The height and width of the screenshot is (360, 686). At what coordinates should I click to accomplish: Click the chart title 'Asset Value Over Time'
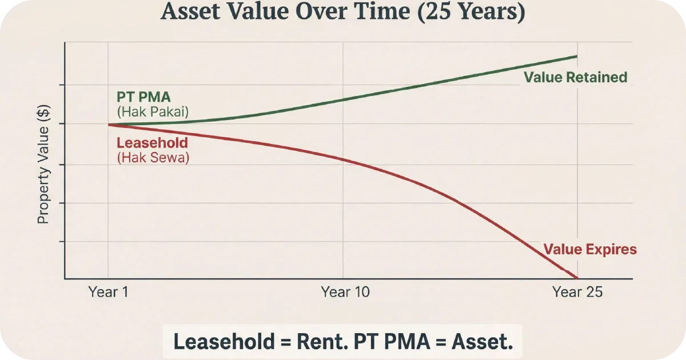(x=286, y=13)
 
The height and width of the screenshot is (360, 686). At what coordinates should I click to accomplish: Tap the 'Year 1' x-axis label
(x=107, y=292)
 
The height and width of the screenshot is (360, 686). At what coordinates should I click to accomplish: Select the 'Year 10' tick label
(x=345, y=292)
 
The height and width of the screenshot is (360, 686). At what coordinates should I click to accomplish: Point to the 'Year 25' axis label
(x=577, y=292)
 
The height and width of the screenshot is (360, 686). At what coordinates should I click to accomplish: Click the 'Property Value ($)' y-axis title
(x=43, y=164)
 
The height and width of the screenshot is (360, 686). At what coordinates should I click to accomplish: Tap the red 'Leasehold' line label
(x=152, y=143)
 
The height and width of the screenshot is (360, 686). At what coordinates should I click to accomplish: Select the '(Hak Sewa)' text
(x=153, y=158)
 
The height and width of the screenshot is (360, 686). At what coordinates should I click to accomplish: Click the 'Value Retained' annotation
(x=575, y=77)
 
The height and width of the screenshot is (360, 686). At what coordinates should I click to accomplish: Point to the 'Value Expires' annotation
(x=589, y=249)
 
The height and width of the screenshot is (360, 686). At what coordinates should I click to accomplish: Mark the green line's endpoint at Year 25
(x=576, y=57)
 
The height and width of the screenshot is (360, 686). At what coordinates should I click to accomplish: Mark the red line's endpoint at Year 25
(x=577, y=278)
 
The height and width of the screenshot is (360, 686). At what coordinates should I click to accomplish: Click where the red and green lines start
(x=109, y=125)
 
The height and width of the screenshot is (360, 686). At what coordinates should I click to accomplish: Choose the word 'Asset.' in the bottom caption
(x=482, y=342)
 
